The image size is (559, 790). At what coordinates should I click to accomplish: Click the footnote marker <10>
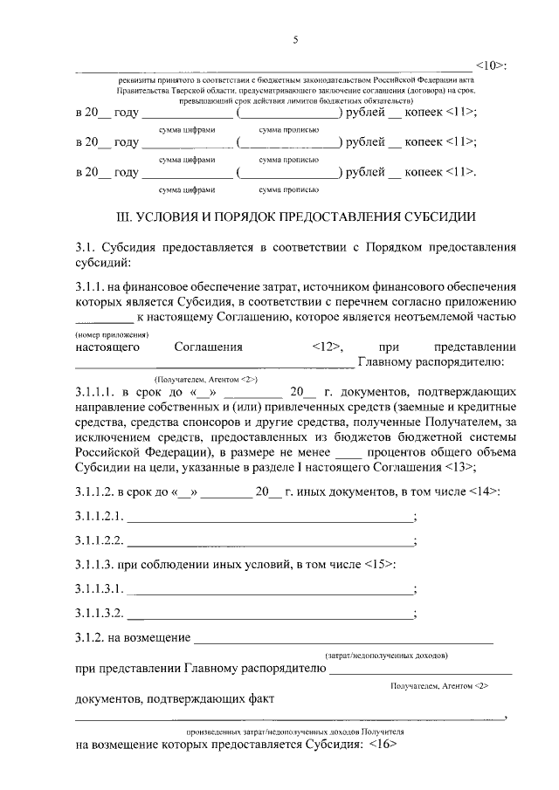(x=492, y=65)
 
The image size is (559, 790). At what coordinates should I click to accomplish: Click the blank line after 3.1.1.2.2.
(x=271, y=541)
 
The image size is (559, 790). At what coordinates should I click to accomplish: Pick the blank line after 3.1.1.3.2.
(x=271, y=614)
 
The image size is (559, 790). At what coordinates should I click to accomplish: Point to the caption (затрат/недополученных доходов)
(x=386, y=654)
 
